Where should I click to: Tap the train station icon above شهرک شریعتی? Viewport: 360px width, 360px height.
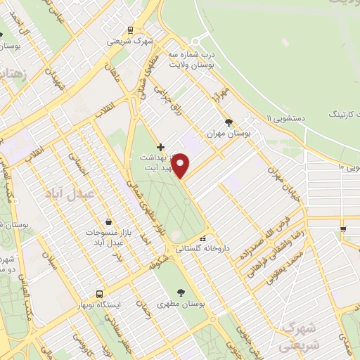[x=129, y=30]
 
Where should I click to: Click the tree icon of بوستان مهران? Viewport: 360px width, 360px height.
[x=228, y=122]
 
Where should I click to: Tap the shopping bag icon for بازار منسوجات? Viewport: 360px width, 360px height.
[x=108, y=221]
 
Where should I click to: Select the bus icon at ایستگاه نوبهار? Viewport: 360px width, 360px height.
[x=99, y=293]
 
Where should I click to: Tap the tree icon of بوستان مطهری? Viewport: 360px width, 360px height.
[x=182, y=292]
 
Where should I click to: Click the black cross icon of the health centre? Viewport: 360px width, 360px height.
[x=161, y=147]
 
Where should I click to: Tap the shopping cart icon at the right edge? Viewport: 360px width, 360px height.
[x=342, y=229]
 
